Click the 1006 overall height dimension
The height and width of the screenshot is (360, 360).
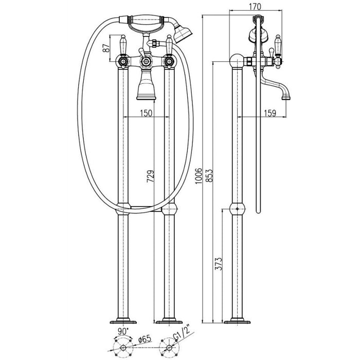point(198,176)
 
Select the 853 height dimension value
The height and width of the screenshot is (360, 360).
point(209,176)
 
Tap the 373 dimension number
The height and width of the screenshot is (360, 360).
point(219,263)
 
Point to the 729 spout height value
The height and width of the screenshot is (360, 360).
point(151,176)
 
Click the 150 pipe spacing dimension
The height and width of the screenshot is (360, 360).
point(146,113)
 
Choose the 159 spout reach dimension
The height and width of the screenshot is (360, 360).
point(270,113)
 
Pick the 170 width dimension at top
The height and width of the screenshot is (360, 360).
point(255,7)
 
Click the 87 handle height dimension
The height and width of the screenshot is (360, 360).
point(106,48)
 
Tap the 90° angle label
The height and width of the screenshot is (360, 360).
point(123,332)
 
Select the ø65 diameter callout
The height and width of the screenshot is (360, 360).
point(144,339)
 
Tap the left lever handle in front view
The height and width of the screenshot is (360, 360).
point(123,45)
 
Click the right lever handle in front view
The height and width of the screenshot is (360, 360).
point(169,45)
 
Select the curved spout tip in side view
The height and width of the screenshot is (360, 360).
point(286,96)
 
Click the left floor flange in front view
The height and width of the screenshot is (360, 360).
point(123,321)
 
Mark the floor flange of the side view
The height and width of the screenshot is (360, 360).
point(237,321)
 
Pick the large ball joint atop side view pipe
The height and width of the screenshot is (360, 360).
point(237,61)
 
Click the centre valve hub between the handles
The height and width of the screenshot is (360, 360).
point(146,61)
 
